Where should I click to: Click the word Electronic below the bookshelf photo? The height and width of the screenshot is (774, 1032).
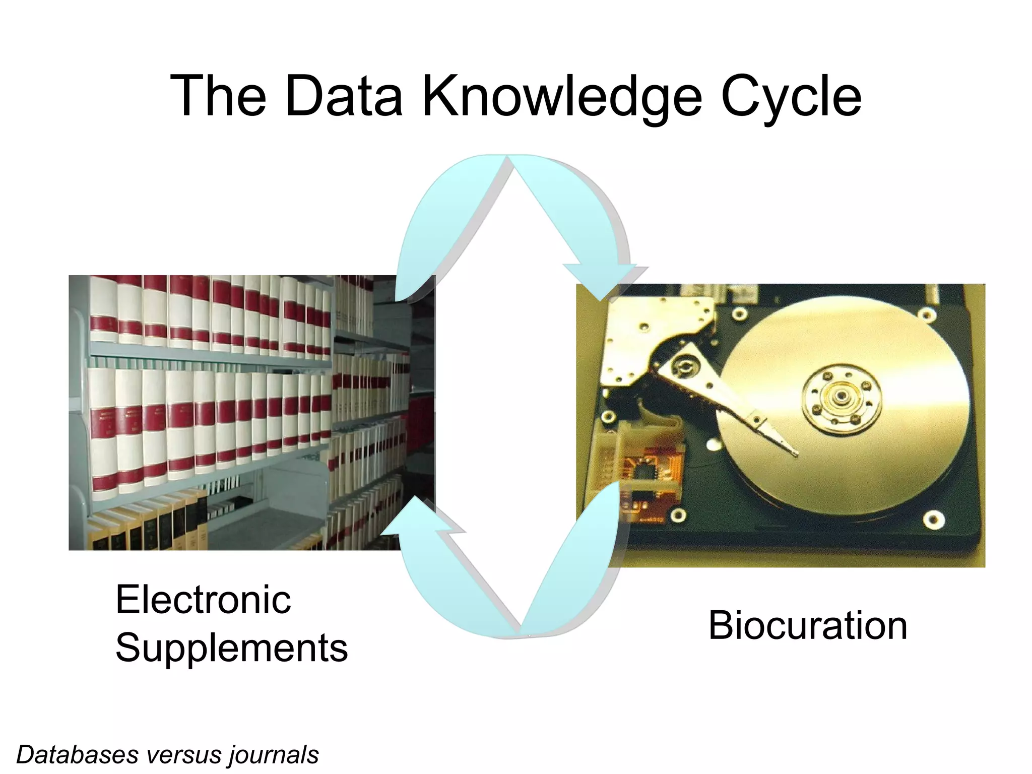203,600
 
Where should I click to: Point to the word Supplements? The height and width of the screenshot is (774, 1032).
232,648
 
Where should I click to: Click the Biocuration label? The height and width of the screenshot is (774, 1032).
808,625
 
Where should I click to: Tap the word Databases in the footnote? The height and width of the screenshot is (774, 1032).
77,755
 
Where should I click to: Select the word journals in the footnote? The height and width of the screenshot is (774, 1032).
274,755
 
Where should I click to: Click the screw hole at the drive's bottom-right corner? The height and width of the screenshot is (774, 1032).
934,520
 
